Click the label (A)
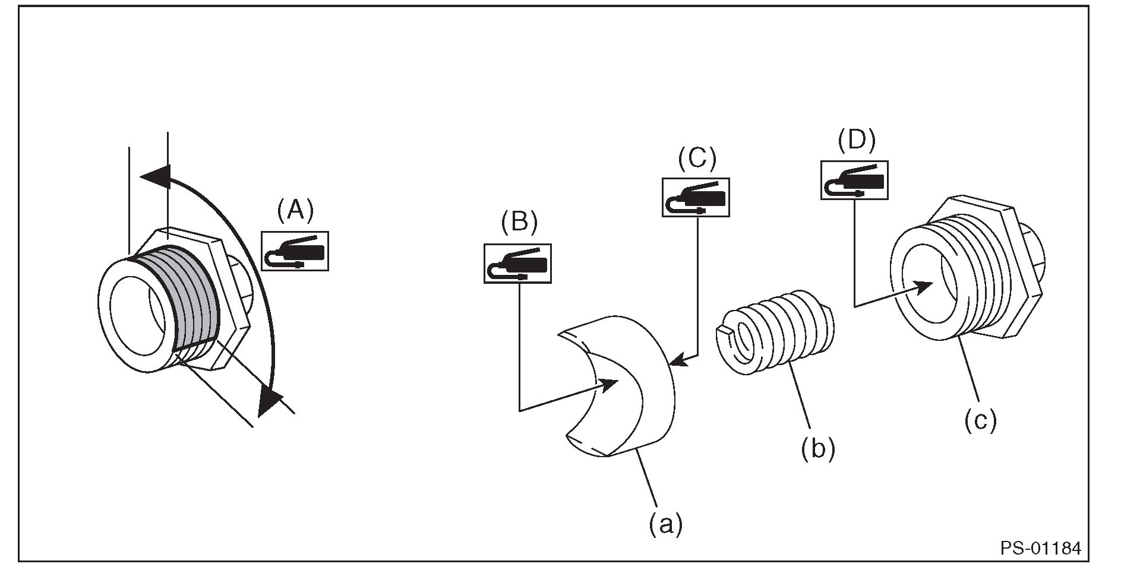point(295,211)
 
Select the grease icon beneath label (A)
point(295,251)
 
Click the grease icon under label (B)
point(517,263)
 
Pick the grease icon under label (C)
point(696,197)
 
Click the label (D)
point(856,140)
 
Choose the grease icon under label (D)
point(854,180)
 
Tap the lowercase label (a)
point(665,524)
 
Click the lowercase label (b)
point(817,448)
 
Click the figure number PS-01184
point(1040,547)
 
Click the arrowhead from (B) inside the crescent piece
point(608,385)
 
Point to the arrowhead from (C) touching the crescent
point(677,360)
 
